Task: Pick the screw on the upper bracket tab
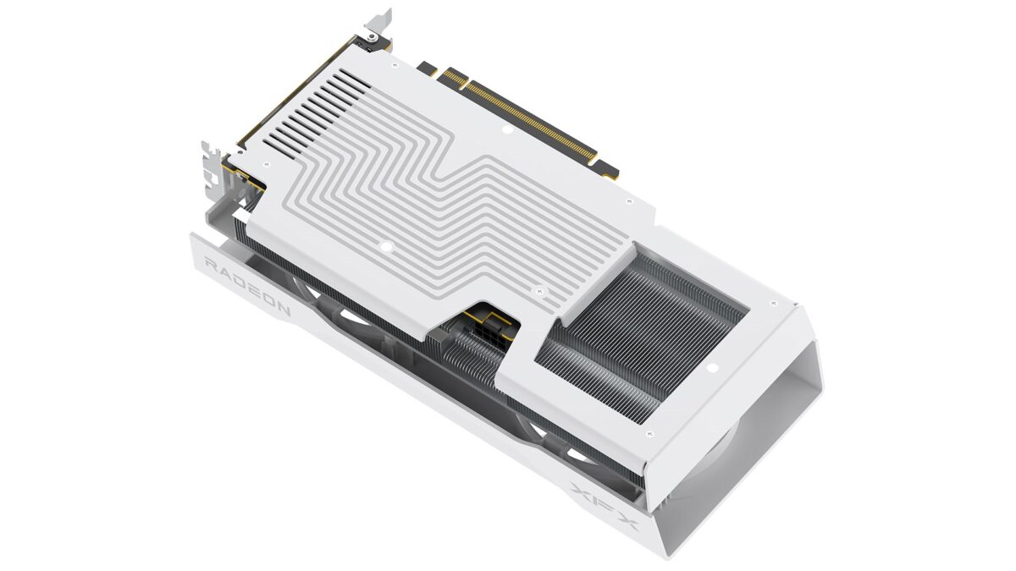point(370,37)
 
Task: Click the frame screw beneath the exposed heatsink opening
point(650,433)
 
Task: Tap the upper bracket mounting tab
point(378,25)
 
